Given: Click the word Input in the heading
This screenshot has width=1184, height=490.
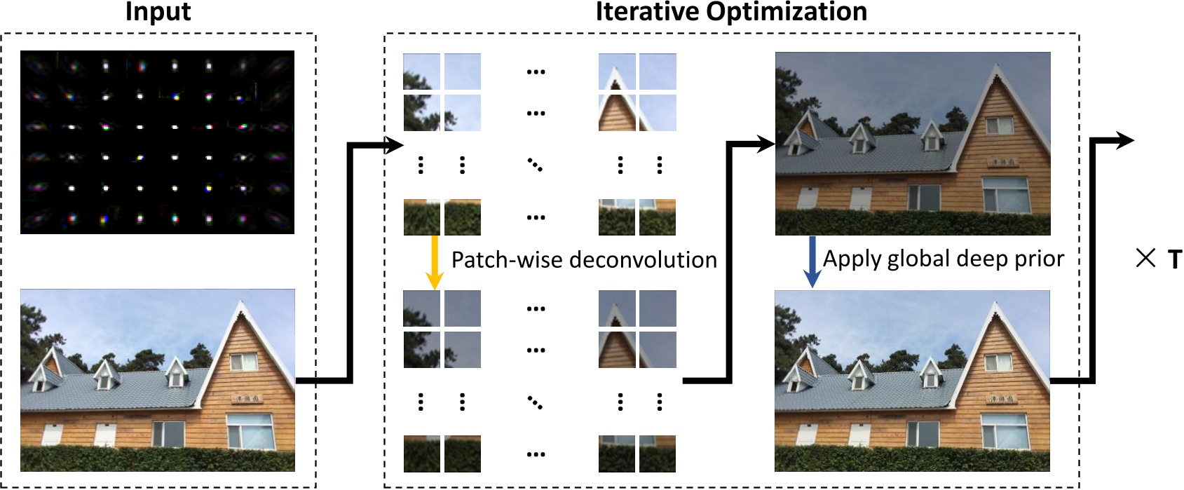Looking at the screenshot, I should tap(158, 12).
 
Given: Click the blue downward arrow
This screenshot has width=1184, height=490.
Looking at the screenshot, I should tap(812, 261).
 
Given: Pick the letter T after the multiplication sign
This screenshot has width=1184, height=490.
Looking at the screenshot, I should tap(1174, 260).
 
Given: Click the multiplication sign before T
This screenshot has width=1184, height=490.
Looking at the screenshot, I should tap(1145, 259).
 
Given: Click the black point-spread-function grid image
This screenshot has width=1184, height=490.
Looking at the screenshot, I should tap(157, 142).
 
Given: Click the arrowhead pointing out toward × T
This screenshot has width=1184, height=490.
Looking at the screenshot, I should tap(1125, 141).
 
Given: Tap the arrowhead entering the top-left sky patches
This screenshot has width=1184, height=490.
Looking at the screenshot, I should tap(395, 146).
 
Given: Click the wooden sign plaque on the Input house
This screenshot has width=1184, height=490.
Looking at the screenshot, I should tap(247, 398).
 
